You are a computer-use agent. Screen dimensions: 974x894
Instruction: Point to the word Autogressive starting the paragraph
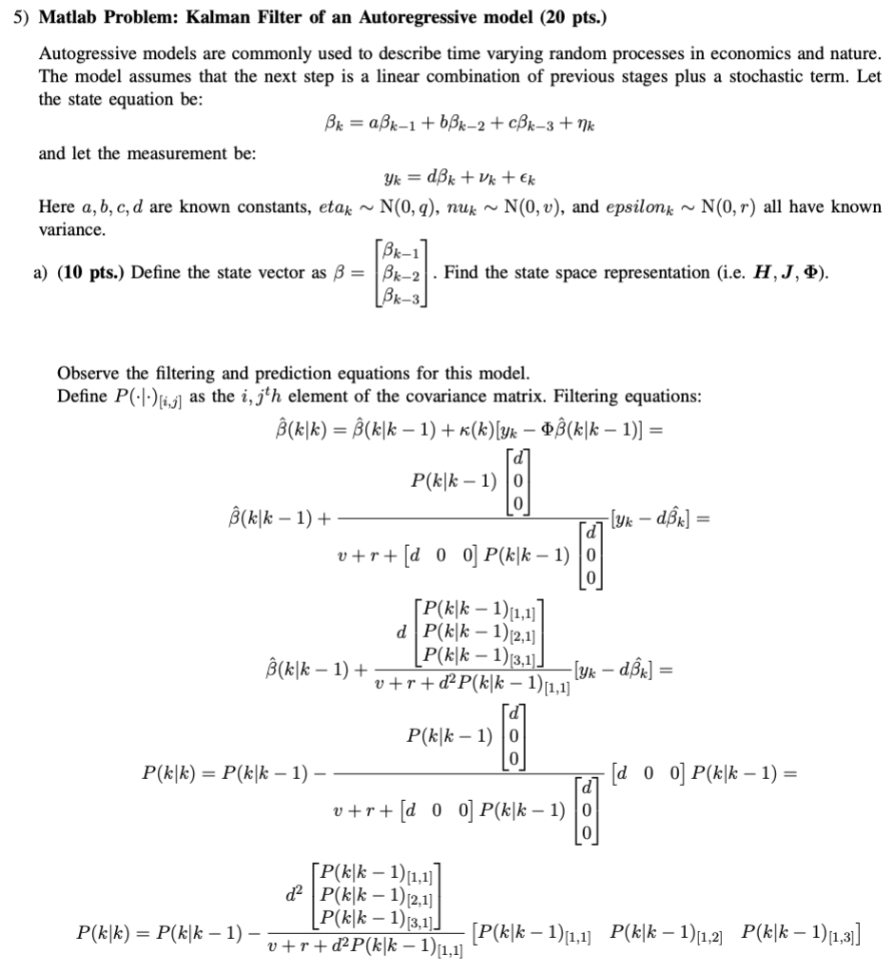coord(83,55)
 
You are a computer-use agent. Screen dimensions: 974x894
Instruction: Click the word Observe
coord(87,373)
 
